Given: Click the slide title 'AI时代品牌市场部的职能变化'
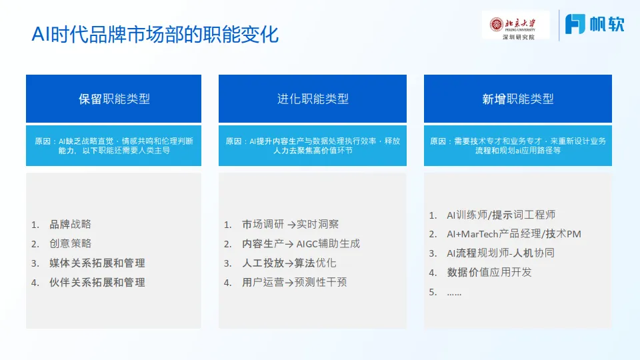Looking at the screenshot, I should coord(155,35).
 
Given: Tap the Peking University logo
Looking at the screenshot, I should coord(515,25).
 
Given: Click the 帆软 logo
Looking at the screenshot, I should coord(595,24).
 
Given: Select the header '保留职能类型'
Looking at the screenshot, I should coord(114,99).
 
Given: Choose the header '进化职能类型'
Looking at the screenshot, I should coord(313,99).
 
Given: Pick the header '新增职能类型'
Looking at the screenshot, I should coord(518,99).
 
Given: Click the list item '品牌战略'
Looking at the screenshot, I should coord(70,225).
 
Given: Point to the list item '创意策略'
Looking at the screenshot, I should coord(70,244).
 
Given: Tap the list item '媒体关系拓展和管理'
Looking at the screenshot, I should coord(97,263).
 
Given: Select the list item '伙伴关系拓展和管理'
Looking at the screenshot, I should coord(97,283).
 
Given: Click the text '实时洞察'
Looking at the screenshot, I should coord(318,225).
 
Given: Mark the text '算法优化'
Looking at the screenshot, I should coord(315,263).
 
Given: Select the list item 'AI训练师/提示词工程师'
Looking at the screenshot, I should coord(501,215).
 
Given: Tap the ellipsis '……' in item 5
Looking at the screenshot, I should coord(454,292).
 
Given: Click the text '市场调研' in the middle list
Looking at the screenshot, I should coord(263,225).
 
